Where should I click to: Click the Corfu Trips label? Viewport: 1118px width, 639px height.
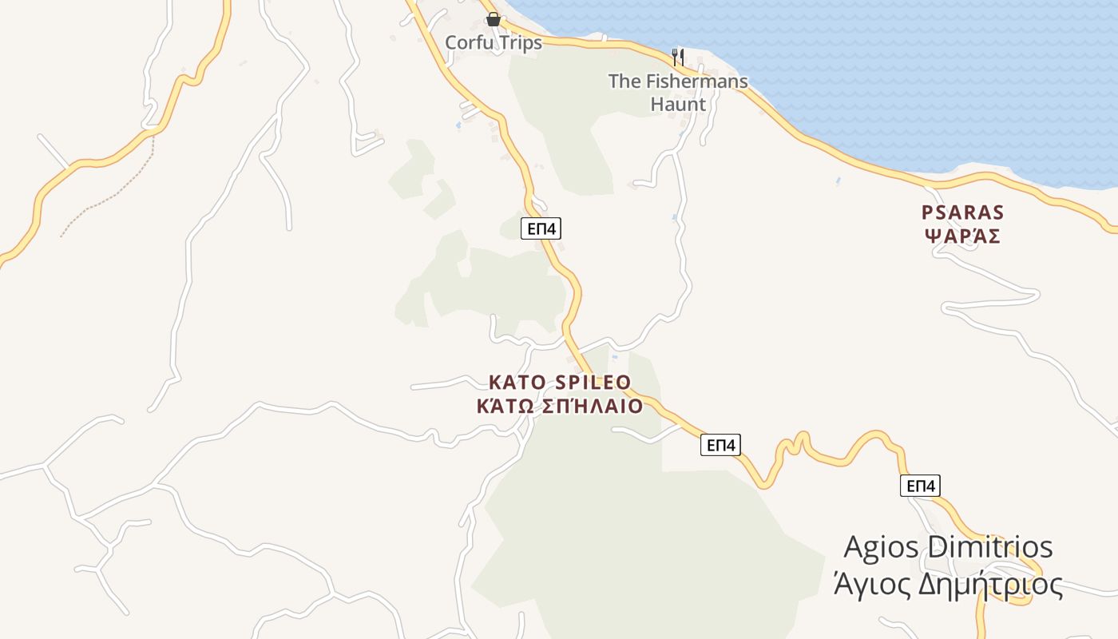click(x=493, y=43)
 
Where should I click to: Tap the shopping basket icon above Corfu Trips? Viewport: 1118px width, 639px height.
click(x=494, y=19)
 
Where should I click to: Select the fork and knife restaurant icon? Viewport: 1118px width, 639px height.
click(x=678, y=57)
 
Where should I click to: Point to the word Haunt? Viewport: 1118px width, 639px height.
click(x=678, y=105)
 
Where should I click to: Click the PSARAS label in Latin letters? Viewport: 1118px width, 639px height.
click(x=962, y=213)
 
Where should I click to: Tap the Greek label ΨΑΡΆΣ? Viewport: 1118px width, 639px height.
click(x=962, y=237)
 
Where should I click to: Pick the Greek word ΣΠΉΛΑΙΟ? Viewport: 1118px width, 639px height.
click(x=593, y=407)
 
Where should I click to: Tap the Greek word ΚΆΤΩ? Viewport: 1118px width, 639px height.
click(x=505, y=407)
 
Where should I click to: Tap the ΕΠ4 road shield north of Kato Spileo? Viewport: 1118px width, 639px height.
click(x=541, y=228)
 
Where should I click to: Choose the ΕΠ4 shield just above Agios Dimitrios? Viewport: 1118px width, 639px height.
click(x=920, y=486)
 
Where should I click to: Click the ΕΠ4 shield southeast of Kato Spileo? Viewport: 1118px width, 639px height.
click(x=720, y=445)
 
